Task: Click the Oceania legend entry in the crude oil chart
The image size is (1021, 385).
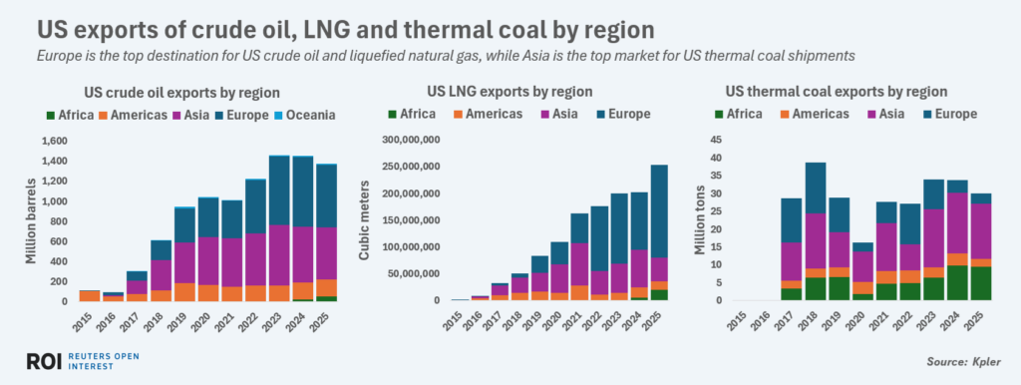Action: tap(303, 115)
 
